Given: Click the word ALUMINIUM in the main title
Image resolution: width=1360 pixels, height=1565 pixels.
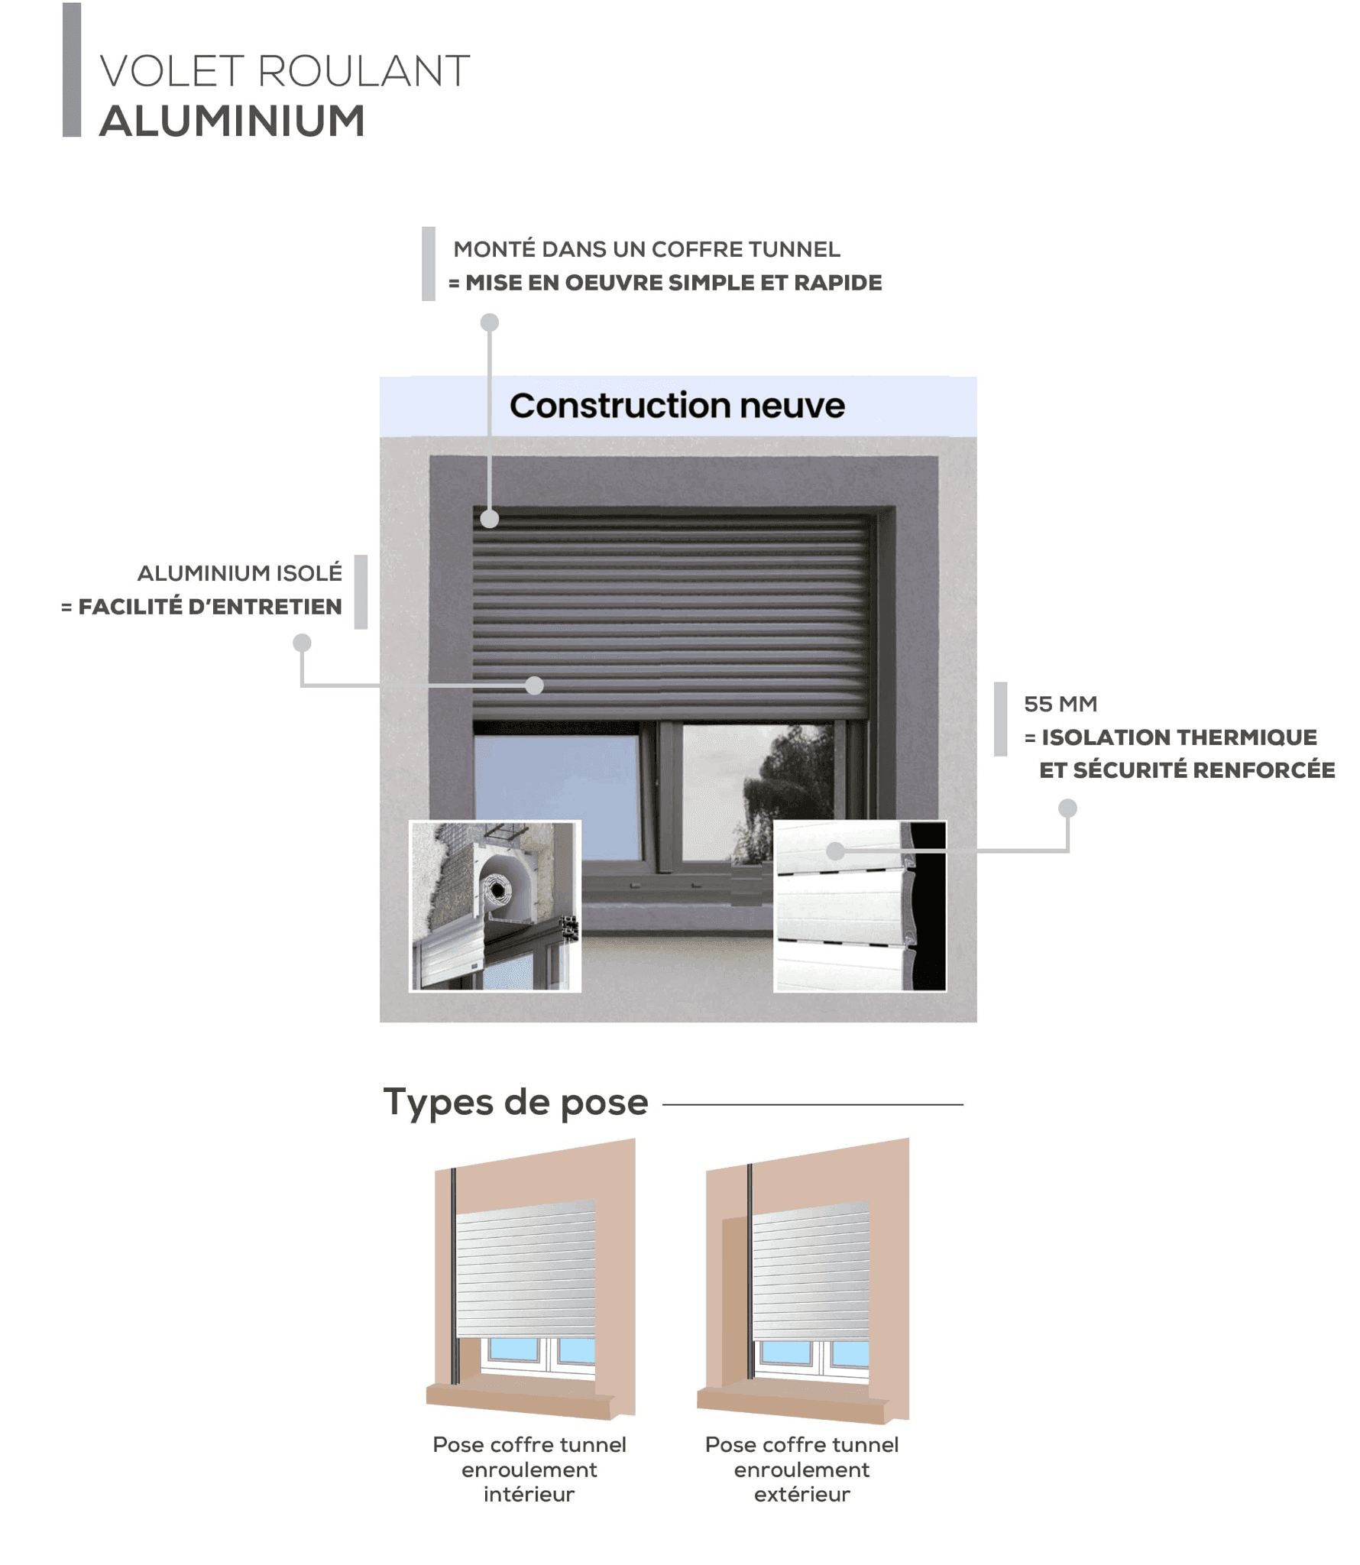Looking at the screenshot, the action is point(232,121).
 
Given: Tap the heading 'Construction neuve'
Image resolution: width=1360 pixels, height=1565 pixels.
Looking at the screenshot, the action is point(677,406).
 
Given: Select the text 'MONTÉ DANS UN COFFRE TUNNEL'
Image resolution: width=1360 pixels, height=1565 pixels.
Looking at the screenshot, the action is point(646,249).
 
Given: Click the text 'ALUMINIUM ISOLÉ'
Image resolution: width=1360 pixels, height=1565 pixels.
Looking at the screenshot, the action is point(240,573).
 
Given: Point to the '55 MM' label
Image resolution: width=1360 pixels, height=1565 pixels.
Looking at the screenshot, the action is point(1060,704).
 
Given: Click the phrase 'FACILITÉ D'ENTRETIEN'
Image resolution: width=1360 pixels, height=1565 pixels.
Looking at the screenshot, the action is point(210,607).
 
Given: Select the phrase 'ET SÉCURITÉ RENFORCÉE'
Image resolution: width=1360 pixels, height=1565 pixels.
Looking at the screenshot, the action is point(1187,770).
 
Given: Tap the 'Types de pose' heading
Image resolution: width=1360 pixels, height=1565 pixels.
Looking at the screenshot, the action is point(516,1103).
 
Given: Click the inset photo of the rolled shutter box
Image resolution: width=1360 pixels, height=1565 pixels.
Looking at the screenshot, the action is point(495,906).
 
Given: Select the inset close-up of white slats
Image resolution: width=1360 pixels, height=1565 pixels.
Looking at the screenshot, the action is point(860,906).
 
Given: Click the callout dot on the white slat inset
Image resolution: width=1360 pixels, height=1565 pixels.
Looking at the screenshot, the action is point(835,851).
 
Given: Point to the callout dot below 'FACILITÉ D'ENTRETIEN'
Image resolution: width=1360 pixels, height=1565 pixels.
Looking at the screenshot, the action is point(303,643).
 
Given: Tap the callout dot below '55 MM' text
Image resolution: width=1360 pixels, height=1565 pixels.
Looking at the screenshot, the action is point(1067,808).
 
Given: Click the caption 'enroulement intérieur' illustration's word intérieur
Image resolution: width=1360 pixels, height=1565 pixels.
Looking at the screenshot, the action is point(529,1494).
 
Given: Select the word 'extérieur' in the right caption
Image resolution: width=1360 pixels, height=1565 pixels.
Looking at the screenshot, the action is point(801,1494).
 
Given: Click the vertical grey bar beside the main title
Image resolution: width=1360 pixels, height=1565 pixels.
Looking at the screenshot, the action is point(72,70).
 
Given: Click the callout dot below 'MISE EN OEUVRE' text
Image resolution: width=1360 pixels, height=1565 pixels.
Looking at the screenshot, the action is point(490,322).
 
